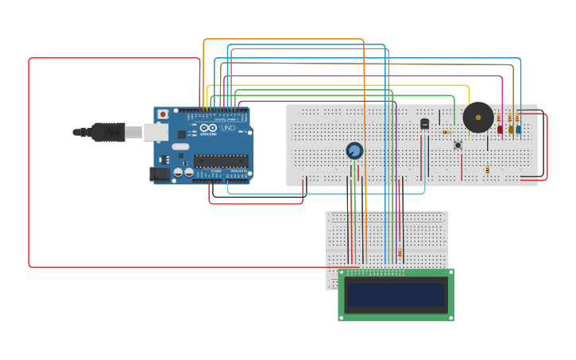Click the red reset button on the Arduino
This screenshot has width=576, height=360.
point(163,114)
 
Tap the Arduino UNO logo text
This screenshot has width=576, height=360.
point(219,128)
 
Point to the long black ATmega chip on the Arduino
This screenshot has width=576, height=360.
point(220,161)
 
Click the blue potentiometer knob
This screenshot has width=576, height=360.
point(354,150)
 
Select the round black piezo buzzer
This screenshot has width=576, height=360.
point(477,118)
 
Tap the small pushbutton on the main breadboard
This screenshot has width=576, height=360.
point(458,145)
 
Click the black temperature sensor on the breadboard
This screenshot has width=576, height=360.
point(424,123)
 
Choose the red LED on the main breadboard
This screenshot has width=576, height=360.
point(501,129)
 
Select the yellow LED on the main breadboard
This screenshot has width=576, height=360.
point(510,129)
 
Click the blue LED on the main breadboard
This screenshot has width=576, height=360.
point(519,129)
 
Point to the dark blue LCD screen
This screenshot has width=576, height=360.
point(396,295)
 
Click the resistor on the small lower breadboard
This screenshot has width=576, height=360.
point(400,253)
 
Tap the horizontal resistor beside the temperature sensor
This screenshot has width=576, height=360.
point(446,132)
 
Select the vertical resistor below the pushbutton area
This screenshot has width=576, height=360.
point(487,169)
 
